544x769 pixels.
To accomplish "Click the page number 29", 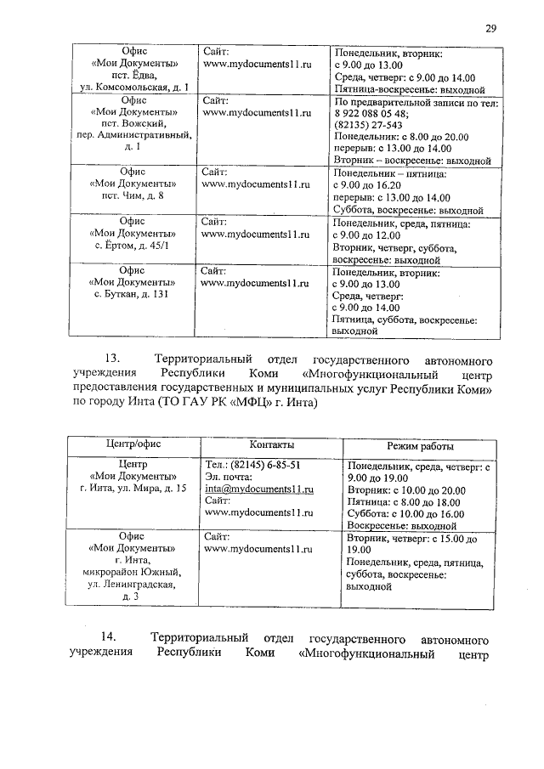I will click(490, 28).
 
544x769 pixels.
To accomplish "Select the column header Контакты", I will click(272, 446).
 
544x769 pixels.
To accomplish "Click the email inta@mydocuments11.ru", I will click(259, 490).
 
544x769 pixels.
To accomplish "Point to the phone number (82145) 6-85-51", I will click(252, 466).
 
